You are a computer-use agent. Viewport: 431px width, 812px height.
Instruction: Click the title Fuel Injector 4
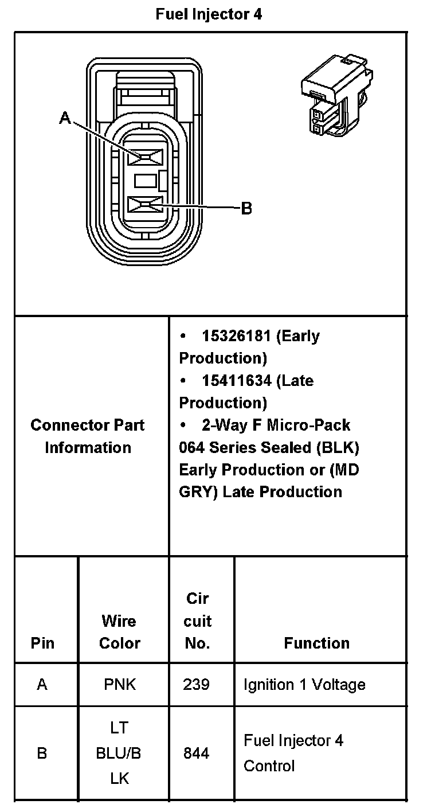tap(209, 14)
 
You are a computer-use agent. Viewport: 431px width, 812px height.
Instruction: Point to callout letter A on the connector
tap(66, 118)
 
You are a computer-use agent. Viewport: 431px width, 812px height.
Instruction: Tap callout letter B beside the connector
tap(246, 208)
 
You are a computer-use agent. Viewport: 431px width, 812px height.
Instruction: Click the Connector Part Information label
tap(88, 436)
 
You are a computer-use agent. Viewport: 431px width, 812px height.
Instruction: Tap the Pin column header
tap(42, 643)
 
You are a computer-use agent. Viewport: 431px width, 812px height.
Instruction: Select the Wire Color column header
tap(119, 631)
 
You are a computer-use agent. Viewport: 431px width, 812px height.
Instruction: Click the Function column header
tap(316, 643)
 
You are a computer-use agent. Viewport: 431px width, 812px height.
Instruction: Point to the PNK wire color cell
tap(120, 684)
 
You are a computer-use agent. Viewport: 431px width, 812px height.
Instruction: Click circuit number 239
tap(196, 684)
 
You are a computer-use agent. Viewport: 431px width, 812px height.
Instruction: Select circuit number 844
tap(196, 753)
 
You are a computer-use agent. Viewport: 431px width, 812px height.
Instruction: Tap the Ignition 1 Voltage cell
tap(304, 684)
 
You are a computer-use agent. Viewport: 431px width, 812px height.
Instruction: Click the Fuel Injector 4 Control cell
tap(293, 753)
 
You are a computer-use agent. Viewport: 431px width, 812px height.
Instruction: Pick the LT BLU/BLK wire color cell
tap(119, 753)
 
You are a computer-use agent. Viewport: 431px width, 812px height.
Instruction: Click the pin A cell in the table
tap(42, 684)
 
